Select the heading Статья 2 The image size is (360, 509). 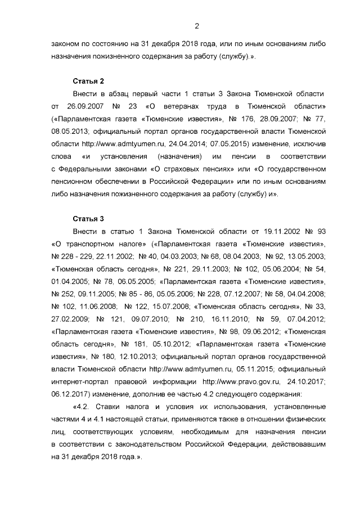point(88,80)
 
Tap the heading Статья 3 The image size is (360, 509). point(88,218)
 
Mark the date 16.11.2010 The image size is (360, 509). point(230,319)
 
